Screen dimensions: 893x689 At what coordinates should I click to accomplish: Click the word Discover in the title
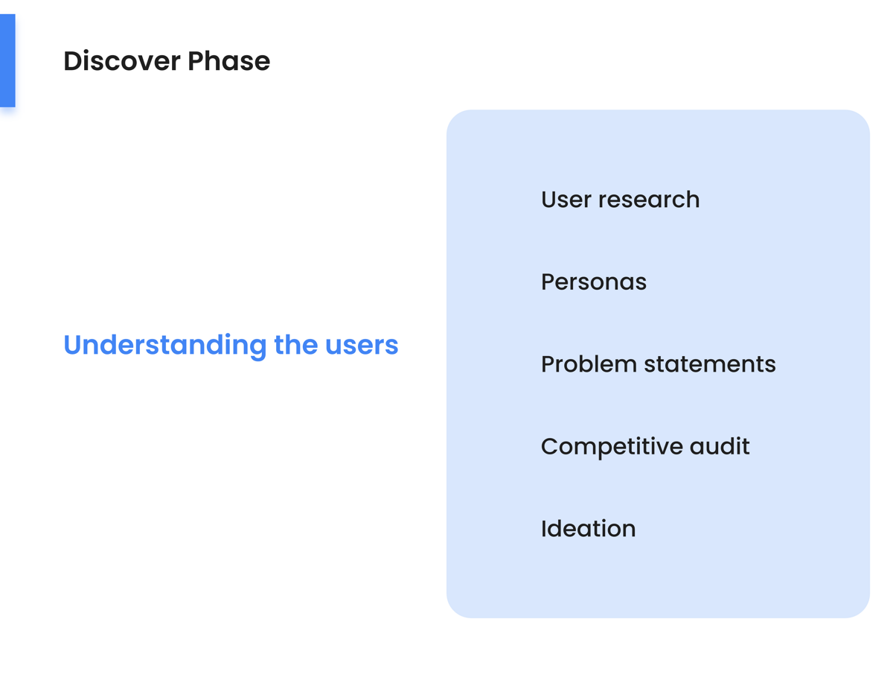pos(122,61)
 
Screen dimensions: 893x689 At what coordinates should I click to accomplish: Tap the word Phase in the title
pos(229,61)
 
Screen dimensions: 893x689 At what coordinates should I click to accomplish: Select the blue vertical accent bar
pos(7,60)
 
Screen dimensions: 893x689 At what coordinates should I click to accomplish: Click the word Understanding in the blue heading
pos(165,346)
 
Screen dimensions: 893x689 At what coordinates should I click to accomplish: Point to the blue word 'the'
pos(296,345)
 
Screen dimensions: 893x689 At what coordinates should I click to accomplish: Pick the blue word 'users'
pos(362,346)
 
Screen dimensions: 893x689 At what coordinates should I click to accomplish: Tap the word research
pos(649,200)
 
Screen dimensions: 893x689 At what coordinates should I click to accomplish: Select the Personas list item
pos(594,282)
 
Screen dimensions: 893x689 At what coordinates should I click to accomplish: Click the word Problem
pos(589,364)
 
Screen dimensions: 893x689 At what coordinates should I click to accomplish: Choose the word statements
pos(710,364)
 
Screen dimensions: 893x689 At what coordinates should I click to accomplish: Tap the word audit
pos(720,446)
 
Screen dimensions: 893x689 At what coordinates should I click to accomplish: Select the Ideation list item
pos(589,529)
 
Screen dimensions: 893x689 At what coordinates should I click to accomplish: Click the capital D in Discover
pos(74,61)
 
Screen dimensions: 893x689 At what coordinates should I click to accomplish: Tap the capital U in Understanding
pos(73,345)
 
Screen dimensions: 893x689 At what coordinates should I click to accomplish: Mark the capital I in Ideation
pos(544,529)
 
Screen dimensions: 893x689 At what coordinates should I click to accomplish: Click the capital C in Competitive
pos(551,447)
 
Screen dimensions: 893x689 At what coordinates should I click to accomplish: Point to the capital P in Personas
pos(548,282)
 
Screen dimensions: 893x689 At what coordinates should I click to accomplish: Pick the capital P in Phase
pos(196,61)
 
